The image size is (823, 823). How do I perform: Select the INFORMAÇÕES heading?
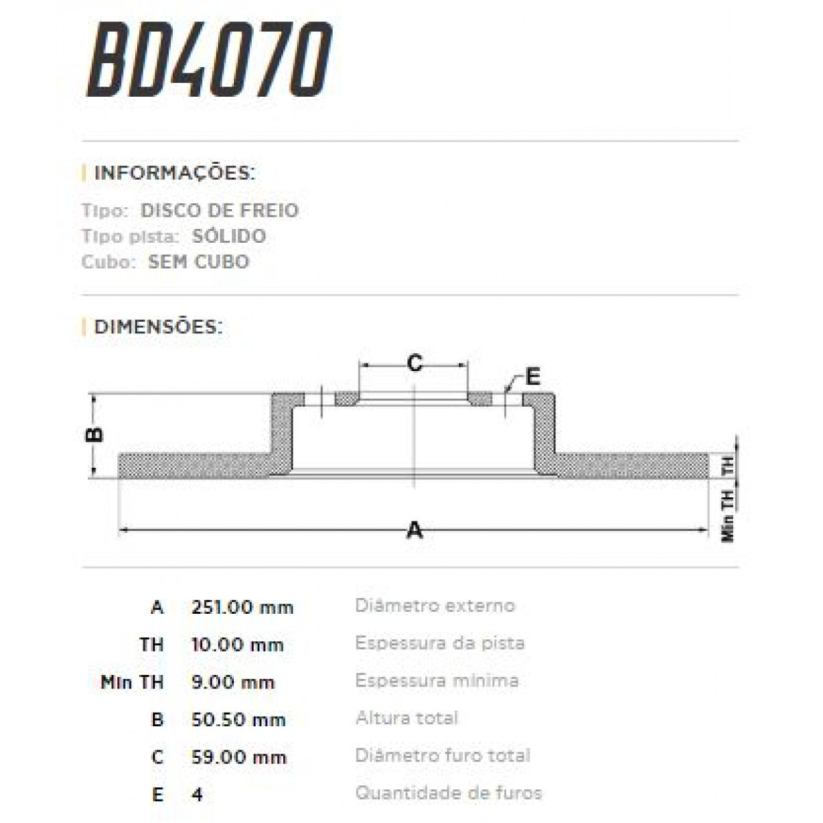coord(174,172)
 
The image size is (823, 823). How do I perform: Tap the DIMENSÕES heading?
coord(158,326)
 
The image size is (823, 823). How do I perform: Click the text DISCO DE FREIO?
coord(219,210)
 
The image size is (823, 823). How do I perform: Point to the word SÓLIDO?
coord(228,236)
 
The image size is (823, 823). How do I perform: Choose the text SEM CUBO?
coord(198,262)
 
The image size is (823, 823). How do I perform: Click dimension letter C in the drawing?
coord(414,363)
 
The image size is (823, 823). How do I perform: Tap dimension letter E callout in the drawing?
coord(532,376)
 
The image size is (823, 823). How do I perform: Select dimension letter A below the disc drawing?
coord(414,530)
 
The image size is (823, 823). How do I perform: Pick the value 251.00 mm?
coord(242,608)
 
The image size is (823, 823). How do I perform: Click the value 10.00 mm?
coord(237,645)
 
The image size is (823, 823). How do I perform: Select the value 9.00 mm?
coord(233,682)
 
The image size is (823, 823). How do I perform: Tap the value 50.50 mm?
coord(238,720)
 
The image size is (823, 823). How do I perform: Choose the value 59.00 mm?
coord(238,757)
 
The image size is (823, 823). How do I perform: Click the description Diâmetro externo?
coord(435,606)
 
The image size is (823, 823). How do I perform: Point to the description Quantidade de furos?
coord(449,794)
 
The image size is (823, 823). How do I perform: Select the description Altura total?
coord(407,718)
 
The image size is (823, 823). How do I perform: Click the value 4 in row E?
coord(198,795)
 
